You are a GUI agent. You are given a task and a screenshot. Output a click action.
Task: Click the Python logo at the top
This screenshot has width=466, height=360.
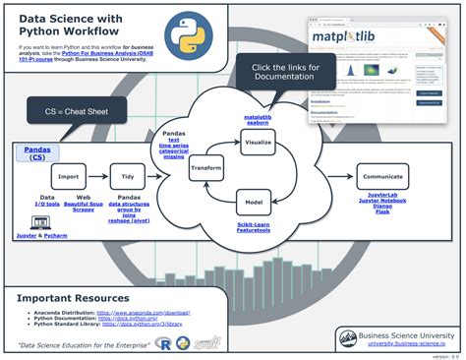point(186,30)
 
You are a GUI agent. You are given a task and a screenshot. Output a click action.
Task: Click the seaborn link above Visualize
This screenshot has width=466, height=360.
point(259,122)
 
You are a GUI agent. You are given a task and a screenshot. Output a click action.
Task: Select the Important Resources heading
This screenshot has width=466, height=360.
point(73,297)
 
